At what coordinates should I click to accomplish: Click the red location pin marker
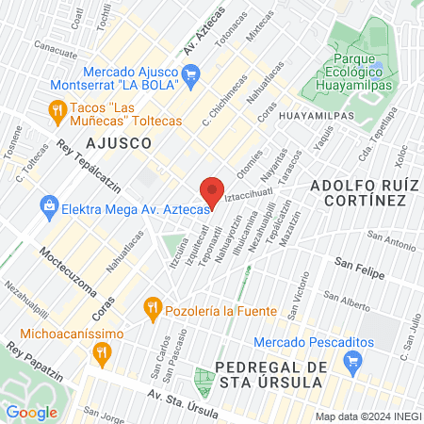tap(212, 190)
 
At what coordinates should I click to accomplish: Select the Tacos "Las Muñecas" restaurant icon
tap(57, 110)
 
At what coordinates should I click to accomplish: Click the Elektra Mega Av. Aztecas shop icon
tap(48, 204)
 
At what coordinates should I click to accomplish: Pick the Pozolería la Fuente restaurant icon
tap(150, 307)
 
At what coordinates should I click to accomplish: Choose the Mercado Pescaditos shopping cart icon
tap(353, 360)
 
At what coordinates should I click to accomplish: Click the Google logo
tap(31, 412)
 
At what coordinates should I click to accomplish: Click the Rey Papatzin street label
tap(31, 360)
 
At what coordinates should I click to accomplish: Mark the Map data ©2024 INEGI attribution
tap(367, 416)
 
